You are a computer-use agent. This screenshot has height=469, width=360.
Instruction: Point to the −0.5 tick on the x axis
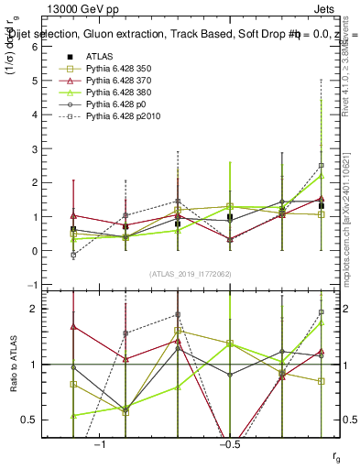point(229,443)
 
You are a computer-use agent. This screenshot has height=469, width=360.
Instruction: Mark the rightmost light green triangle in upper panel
point(321,176)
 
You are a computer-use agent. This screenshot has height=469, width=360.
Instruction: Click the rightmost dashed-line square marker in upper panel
point(321,166)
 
